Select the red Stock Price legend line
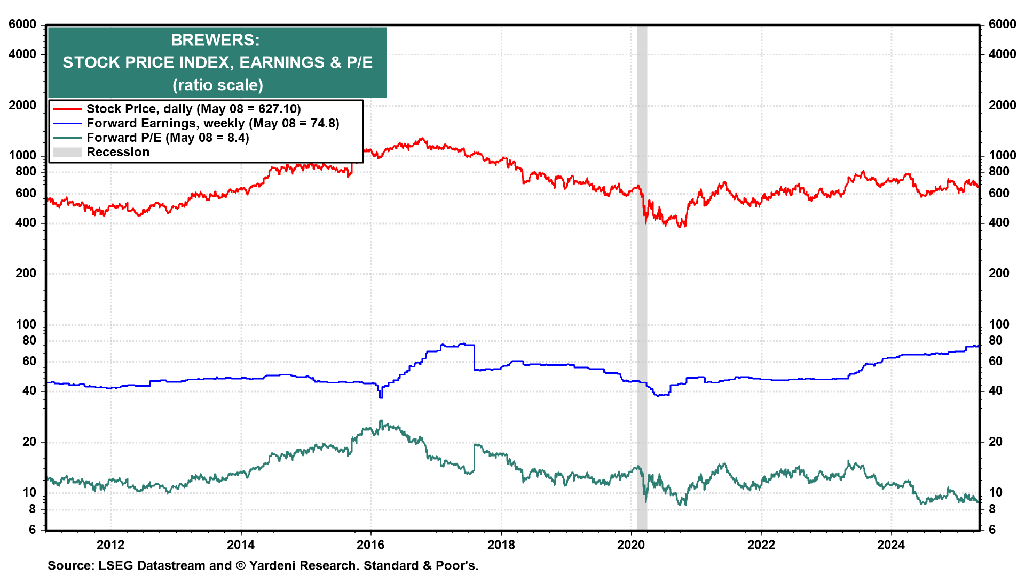pos(67,109)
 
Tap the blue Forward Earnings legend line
pos(67,124)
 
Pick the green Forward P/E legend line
pos(67,138)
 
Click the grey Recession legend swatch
pos(67,153)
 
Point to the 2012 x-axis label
pos(111,545)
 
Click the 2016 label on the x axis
pos(370,545)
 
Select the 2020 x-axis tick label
pos(631,545)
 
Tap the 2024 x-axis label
pos(891,545)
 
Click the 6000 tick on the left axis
pos(22,25)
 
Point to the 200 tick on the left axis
pos(26,273)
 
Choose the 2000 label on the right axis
pos(1002,105)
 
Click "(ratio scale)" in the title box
pos(218,85)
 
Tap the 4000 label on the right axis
pos(1002,54)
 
